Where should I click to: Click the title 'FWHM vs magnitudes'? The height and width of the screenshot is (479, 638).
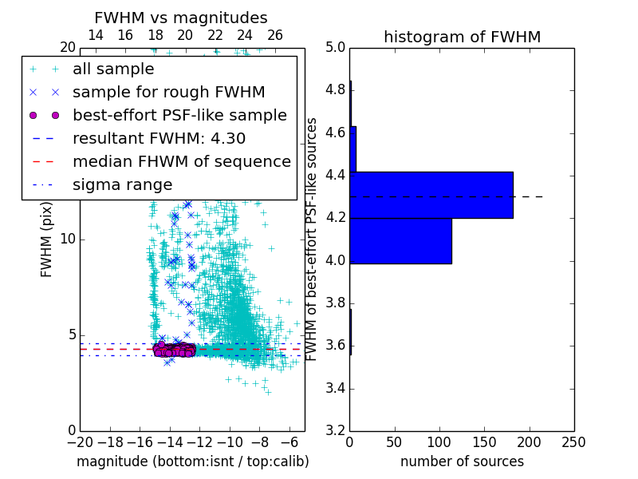click(x=181, y=18)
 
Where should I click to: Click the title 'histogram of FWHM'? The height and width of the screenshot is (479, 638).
click(x=462, y=38)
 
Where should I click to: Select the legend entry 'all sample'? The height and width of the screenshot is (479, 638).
click(x=113, y=69)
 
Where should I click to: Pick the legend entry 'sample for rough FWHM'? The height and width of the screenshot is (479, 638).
click(x=168, y=93)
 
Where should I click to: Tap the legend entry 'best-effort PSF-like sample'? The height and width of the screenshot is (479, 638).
click(x=179, y=116)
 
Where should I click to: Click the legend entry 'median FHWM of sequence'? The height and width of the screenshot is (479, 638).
click(x=181, y=162)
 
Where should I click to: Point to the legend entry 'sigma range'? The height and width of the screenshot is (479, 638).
click(x=122, y=185)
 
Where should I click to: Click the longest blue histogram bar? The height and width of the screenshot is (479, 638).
click(x=431, y=195)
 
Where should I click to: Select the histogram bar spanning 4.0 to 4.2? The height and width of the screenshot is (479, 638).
click(x=400, y=240)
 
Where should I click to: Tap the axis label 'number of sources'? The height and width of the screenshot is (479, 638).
click(x=462, y=461)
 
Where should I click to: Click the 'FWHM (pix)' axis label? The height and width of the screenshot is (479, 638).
click(x=46, y=239)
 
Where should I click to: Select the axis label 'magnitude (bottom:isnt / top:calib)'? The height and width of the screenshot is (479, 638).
click(x=192, y=461)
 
